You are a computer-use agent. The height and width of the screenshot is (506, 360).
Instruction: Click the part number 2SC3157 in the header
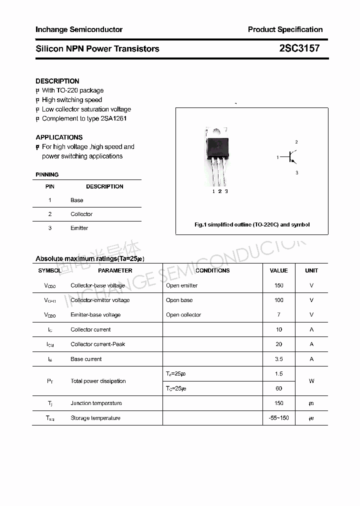pos(299,48)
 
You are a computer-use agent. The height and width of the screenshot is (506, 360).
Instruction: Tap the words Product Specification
pos(285,29)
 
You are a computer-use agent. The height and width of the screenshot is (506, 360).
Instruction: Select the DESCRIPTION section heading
pos(57,81)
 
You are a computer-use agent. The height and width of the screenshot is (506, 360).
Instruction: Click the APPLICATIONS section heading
pos(59,137)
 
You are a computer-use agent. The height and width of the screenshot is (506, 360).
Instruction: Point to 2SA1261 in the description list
pos(114,118)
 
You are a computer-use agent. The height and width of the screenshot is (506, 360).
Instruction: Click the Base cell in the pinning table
pos(77,200)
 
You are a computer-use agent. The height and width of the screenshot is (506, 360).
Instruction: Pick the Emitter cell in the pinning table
pos(79,228)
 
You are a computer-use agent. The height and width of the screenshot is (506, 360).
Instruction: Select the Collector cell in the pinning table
pos(81,214)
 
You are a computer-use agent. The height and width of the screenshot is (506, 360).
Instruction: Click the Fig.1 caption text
pos(252,224)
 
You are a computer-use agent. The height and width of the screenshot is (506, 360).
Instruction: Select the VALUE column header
pos(278,270)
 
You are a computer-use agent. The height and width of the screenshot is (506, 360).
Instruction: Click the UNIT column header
pos(311,270)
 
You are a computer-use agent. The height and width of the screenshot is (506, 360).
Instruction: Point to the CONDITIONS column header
pos(212,270)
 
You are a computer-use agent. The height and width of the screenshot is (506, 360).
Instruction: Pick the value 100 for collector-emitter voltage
pos(278,300)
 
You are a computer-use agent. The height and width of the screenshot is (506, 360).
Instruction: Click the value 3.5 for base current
pos(278,359)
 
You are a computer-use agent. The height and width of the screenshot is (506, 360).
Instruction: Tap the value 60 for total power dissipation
pos(278,388)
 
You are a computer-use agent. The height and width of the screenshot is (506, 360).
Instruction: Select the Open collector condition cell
pos(183,315)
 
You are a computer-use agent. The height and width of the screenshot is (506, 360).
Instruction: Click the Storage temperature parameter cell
pos(95,418)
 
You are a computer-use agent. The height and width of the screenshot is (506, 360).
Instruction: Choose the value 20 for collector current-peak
pos(278,344)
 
